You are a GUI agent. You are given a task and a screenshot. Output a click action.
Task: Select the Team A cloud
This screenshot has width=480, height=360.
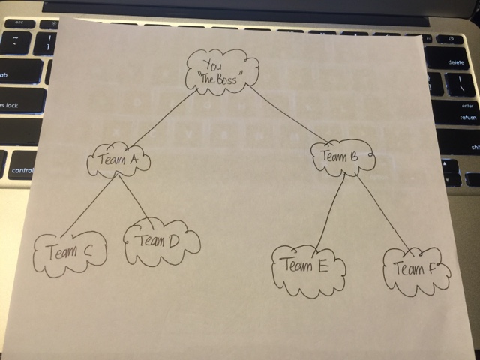click(118, 161)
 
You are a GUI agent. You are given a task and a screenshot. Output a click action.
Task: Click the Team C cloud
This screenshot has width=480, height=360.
click(70, 252)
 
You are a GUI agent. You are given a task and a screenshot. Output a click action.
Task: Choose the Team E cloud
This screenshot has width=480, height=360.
click(307, 266)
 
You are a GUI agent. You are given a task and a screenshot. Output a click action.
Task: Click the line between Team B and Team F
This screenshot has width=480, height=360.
click(383, 211)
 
